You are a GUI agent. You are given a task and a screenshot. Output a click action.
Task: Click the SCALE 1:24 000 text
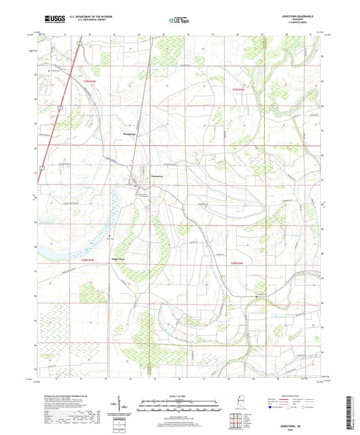[x=179, y=396]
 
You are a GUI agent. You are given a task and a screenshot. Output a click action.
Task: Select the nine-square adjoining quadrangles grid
[x=237, y=421]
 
